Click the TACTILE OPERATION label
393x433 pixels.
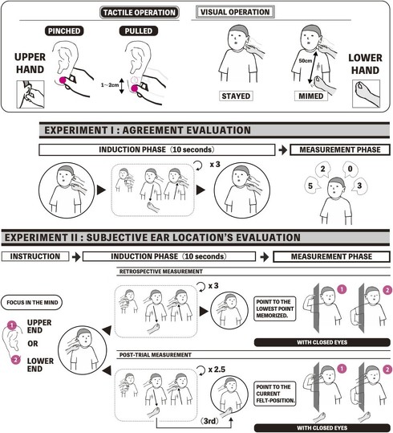click(x=140, y=12)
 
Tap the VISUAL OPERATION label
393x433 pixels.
click(x=235, y=12)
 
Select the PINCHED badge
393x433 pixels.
click(x=64, y=31)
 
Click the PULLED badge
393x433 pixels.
click(x=139, y=31)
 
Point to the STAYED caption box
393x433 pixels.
click(x=236, y=96)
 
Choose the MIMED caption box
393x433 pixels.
click(x=311, y=96)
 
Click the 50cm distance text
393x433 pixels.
click(x=306, y=60)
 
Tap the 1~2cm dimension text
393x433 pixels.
click(x=110, y=85)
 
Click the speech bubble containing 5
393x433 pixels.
click(x=313, y=186)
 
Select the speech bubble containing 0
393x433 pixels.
click(x=350, y=169)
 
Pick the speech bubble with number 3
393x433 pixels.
click(x=359, y=186)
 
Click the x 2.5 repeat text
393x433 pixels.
click(x=217, y=370)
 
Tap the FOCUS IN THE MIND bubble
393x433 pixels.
click(x=32, y=302)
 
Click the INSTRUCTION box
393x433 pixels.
click(x=35, y=256)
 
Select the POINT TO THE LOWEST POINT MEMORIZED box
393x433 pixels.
click(x=274, y=308)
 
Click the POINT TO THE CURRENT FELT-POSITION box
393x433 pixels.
click(x=274, y=394)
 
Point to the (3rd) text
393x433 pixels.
click(x=209, y=421)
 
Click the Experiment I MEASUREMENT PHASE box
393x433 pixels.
click(x=340, y=149)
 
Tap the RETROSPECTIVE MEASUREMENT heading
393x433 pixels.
click(x=160, y=272)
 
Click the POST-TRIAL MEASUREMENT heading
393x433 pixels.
click(x=156, y=355)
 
